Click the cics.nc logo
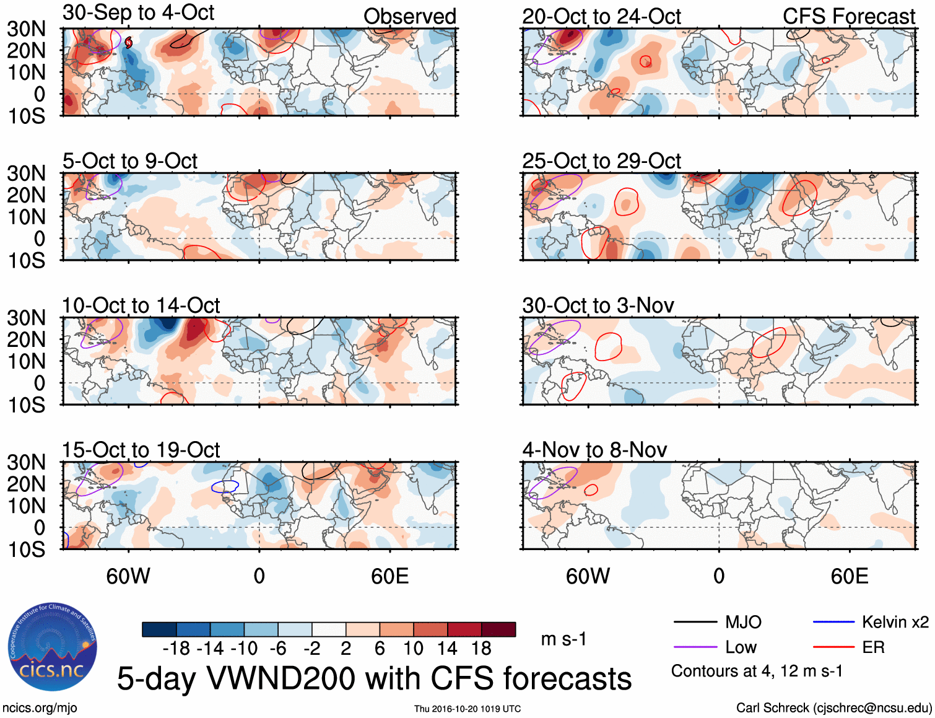tap(52, 647)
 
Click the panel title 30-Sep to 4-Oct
tap(138, 13)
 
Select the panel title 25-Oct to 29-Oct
tap(601, 161)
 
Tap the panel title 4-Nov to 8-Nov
tap(594, 450)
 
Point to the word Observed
tap(409, 17)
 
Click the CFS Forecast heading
tap(848, 17)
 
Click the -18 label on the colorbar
tap(176, 649)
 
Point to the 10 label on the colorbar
tap(413, 649)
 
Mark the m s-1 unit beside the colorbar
tap(563, 639)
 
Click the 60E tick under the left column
tap(389, 576)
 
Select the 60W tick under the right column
tap(588, 576)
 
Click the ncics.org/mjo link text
tap(40, 708)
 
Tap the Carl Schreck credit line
tap(833, 708)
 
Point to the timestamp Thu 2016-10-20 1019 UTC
tap(468, 709)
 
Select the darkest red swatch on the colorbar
tap(498, 629)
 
